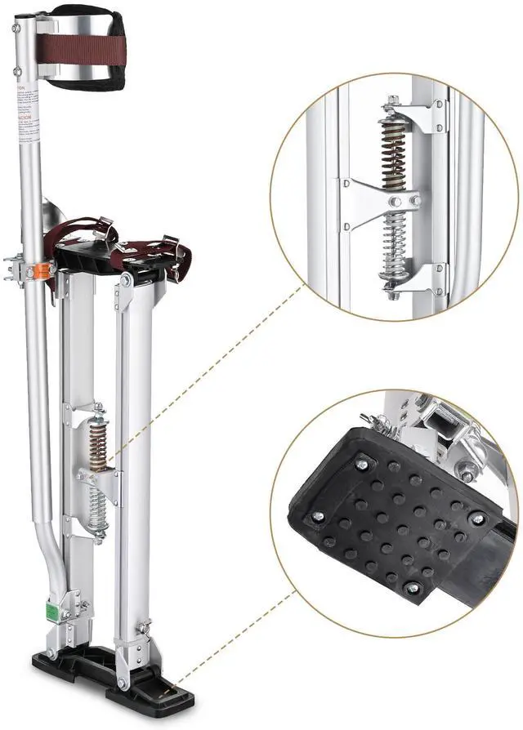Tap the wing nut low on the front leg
tap(144, 628)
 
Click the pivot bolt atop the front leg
tap(126, 281)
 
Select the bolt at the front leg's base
tap(123, 682)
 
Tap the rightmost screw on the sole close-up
tap(475, 519)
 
